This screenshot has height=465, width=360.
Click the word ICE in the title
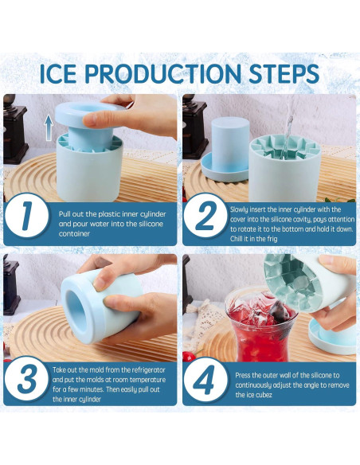click(60, 74)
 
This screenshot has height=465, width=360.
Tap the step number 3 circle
click(26, 381)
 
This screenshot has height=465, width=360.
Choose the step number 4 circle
click(207, 381)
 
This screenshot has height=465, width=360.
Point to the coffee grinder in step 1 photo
click(14, 127)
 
